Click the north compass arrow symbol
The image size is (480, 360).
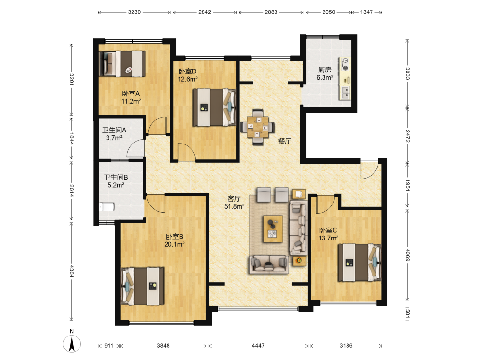(72, 344)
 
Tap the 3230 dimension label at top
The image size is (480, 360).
(134, 12)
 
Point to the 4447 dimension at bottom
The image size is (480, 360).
(258, 346)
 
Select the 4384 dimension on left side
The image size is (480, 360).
(72, 271)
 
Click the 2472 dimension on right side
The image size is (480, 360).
(408, 136)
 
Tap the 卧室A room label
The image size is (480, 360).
(131, 94)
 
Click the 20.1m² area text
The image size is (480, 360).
(175, 244)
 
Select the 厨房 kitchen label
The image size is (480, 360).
(324, 70)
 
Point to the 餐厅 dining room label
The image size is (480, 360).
(285, 141)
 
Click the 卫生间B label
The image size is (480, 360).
(116, 177)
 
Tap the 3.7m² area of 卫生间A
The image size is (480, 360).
(114, 138)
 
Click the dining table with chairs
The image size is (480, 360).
(257, 127)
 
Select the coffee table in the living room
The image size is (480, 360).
(273, 228)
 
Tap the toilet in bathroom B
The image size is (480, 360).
(107, 207)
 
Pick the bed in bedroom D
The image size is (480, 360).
(214, 107)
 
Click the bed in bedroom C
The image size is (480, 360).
(360, 263)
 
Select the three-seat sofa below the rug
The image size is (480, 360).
(269, 264)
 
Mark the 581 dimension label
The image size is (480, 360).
(408, 313)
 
